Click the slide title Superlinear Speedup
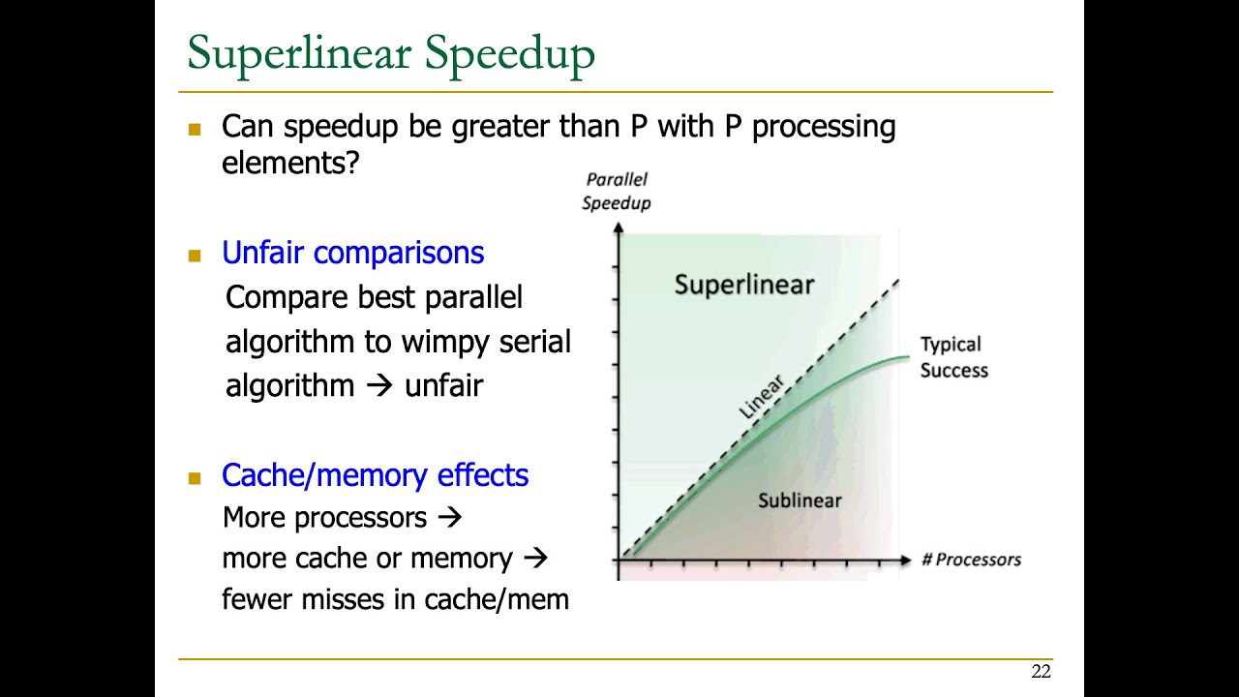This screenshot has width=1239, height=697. click(x=390, y=53)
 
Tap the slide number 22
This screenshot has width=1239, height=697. click(x=1041, y=672)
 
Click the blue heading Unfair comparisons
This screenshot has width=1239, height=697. click(x=352, y=253)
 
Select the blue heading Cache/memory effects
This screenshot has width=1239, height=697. click(x=375, y=475)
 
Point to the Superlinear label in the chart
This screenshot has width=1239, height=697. click(x=744, y=285)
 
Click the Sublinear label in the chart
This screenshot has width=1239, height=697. click(x=800, y=500)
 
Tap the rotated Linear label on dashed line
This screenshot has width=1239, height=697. click(x=761, y=397)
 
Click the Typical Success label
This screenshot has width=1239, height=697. click(x=952, y=357)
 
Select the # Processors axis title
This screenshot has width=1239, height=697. click(x=971, y=560)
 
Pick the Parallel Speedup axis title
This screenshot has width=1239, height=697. click(x=617, y=191)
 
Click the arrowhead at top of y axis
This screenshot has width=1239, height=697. click(x=617, y=228)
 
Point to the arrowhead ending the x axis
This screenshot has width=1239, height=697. click(x=905, y=560)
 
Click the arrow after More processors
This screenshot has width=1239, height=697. click(x=449, y=518)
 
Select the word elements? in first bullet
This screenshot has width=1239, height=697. click(x=290, y=163)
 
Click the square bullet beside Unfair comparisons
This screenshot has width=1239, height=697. click(x=195, y=256)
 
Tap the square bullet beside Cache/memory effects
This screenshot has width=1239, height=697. click(x=195, y=478)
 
